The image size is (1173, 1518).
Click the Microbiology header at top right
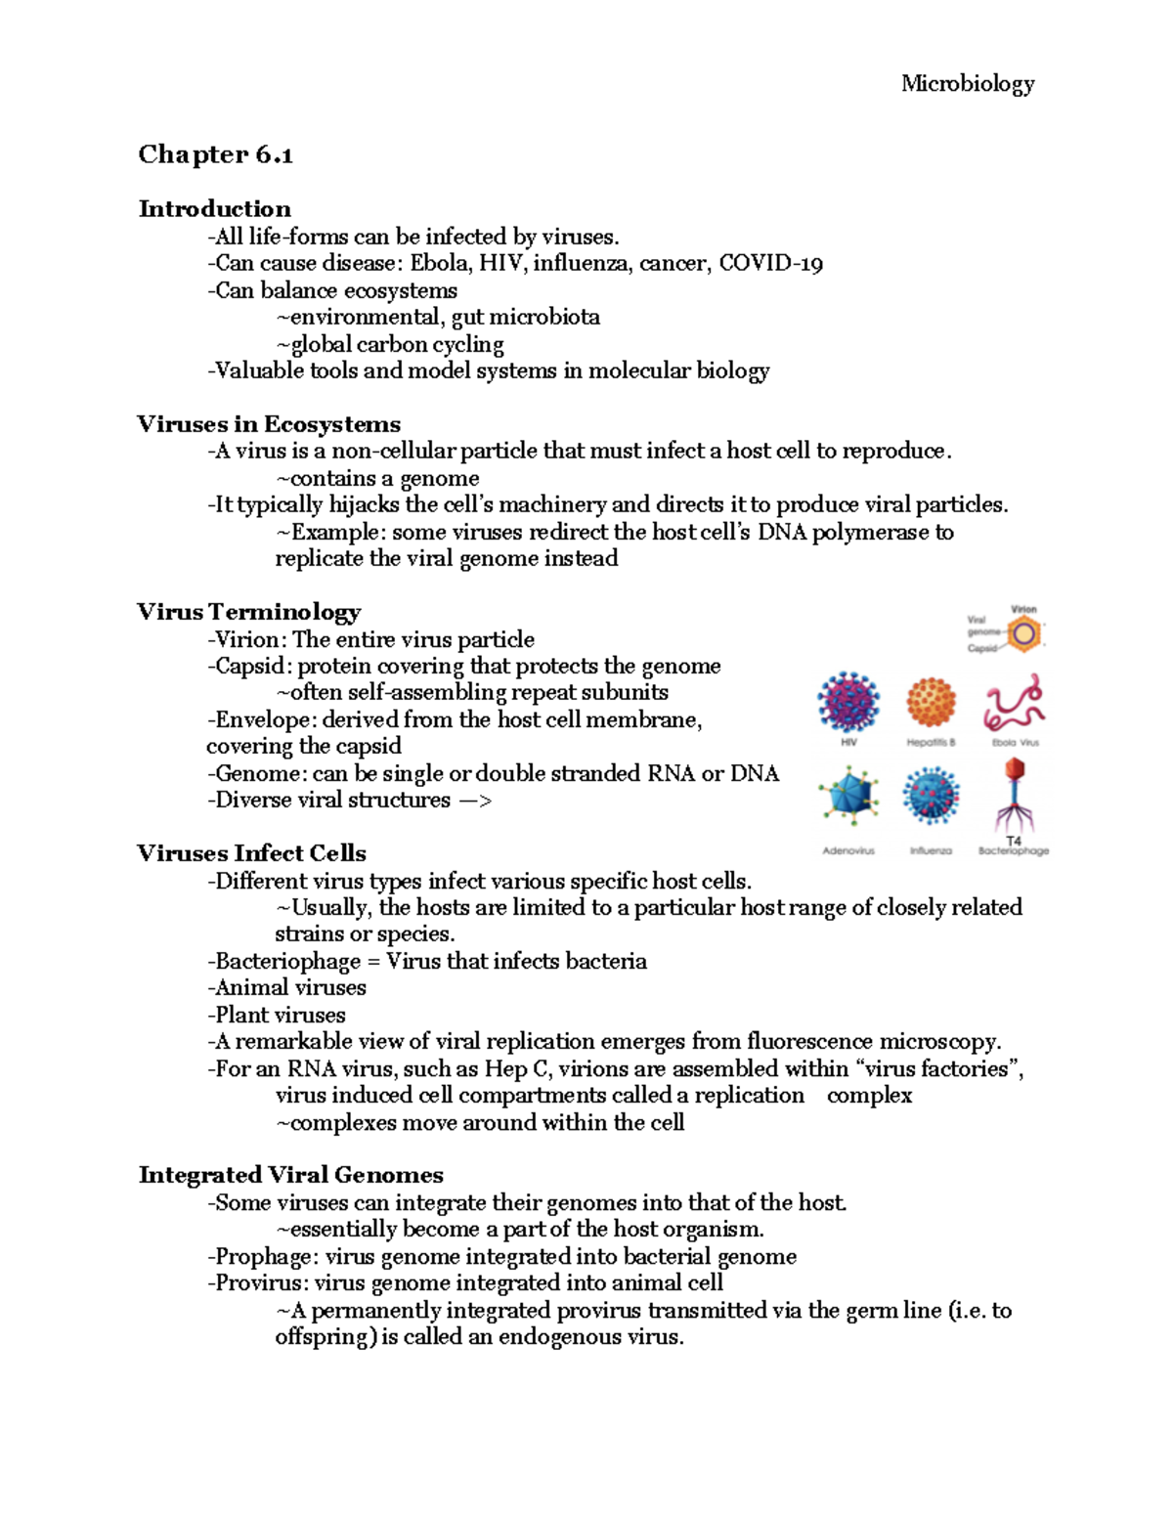967,84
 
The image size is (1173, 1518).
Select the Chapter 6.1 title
215,154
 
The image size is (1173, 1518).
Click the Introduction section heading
214,208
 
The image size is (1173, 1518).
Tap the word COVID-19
770,263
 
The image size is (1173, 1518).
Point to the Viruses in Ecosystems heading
269,424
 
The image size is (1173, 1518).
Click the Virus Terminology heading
248,612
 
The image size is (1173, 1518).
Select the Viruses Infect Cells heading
251,853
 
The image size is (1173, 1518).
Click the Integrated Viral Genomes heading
290,1175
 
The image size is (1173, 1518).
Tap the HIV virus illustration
848,702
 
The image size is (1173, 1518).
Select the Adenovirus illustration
848,795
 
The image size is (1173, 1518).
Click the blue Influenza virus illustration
930,795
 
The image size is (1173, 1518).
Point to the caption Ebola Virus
1016,743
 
